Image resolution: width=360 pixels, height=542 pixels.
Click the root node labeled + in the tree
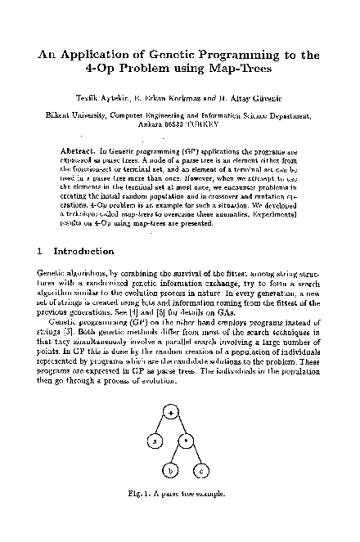click(x=171, y=411)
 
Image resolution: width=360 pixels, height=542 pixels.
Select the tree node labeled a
click(x=151, y=441)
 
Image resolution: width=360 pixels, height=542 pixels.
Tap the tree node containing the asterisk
click(x=186, y=441)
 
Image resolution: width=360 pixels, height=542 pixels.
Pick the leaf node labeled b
click(x=171, y=472)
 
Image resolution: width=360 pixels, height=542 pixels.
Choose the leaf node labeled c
click(x=201, y=472)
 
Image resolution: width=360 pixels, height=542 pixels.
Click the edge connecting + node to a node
click(x=160, y=427)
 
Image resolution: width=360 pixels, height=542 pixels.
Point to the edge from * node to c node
click(x=194, y=457)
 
